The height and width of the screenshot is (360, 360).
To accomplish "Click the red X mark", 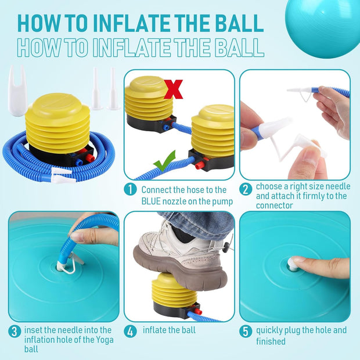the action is click(174, 89).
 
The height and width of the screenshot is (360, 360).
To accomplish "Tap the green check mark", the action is click(165, 161).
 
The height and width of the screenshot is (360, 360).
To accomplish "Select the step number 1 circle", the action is click(130, 189).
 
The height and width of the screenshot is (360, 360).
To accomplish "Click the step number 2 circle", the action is click(246, 190).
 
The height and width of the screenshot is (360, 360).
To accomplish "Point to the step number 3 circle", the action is click(15, 332).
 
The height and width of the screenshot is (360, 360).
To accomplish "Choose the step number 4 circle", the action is click(130, 332).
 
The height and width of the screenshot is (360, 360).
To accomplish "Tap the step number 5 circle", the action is click(246, 332).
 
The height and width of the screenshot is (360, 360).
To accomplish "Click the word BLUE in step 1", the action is click(151, 201).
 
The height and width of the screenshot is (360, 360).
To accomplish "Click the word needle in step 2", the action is click(338, 186).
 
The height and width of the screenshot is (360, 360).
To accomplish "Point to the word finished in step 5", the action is click(271, 341).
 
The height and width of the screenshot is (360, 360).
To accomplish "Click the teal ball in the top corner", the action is click(323, 26).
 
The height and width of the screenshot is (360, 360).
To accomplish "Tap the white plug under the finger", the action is click(291, 264).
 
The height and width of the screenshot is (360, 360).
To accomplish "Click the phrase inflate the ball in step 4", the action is click(169, 330).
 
